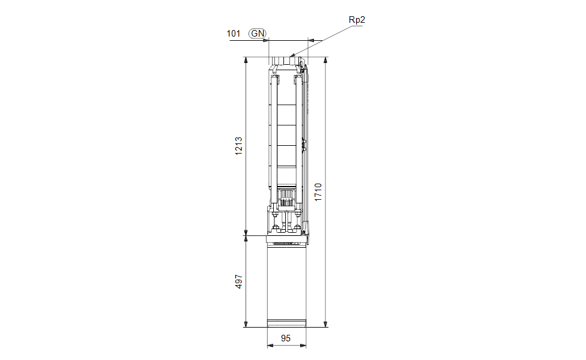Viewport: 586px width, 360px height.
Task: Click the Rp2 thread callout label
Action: (x=357, y=20)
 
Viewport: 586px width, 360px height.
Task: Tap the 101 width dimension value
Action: (x=234, y=34)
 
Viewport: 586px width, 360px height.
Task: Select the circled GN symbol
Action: (x=258, y=34)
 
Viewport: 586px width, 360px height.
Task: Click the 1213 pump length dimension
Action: (x=238, y=146)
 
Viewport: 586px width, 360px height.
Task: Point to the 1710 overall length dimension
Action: (x=318, y=192)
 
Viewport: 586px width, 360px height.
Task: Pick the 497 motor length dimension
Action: (x=238, y=281)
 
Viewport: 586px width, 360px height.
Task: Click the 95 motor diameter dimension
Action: (x=286, y=338)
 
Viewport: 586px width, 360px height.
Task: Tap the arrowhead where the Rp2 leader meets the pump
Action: (x=292, y=55)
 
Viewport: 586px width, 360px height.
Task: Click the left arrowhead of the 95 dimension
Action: (x=270, y=346)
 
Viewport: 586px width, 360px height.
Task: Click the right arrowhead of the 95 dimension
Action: (x=303, y=346)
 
